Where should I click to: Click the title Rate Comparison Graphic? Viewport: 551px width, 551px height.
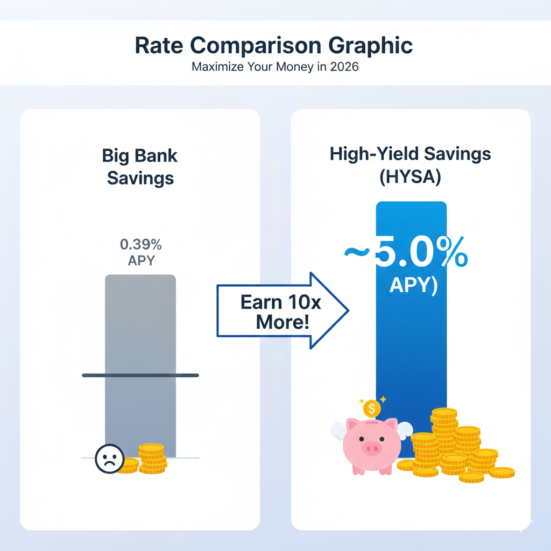coord(274,46)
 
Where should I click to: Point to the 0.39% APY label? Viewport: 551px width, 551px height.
coord(140,252)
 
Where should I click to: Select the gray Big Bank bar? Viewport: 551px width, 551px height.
coord(140,334)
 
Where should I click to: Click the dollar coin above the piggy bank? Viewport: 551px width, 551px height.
coord(371,408)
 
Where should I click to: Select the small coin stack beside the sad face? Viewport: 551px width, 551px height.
coord(151,459)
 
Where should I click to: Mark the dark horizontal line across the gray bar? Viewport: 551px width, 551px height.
coord(140,375)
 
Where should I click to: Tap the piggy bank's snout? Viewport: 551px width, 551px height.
coord(372,448)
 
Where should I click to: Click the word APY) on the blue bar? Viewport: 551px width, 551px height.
coord(413,285)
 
